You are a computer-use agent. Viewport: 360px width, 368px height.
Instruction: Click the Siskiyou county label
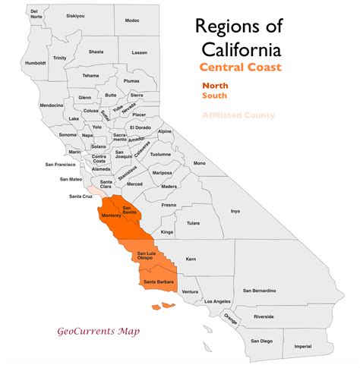(75, 15)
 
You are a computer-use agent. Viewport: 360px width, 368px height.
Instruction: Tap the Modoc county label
(132, 21)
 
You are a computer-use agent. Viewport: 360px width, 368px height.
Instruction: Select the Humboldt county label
(36, 63)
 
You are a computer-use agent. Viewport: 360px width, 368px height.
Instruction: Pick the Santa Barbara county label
(156, 282)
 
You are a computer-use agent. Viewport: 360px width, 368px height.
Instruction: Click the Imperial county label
(302, 346)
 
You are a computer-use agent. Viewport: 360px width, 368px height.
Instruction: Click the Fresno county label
(168, 205)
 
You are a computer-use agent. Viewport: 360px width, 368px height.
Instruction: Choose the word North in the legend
(215, 86)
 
